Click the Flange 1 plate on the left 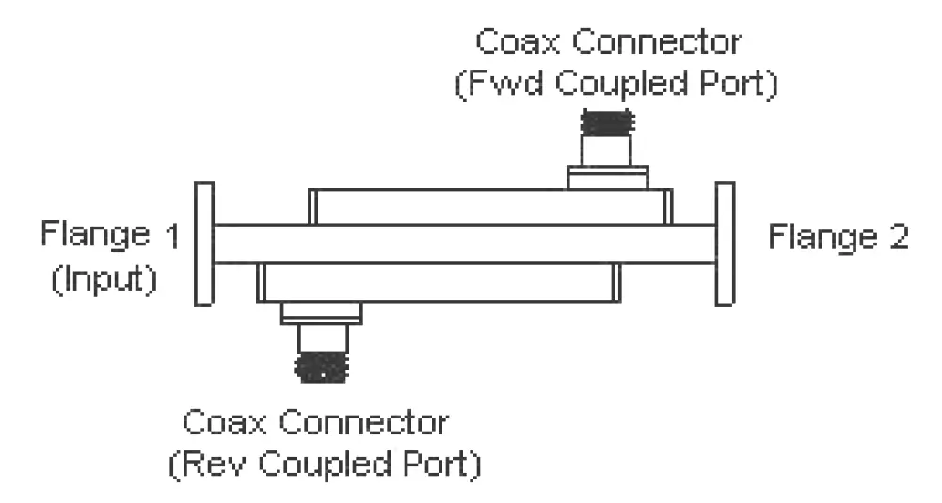pos(202,244)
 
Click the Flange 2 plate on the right pos(724,244)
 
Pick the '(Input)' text pos(104,281)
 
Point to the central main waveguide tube pos(461,243)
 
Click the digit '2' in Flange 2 pos(898,236)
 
